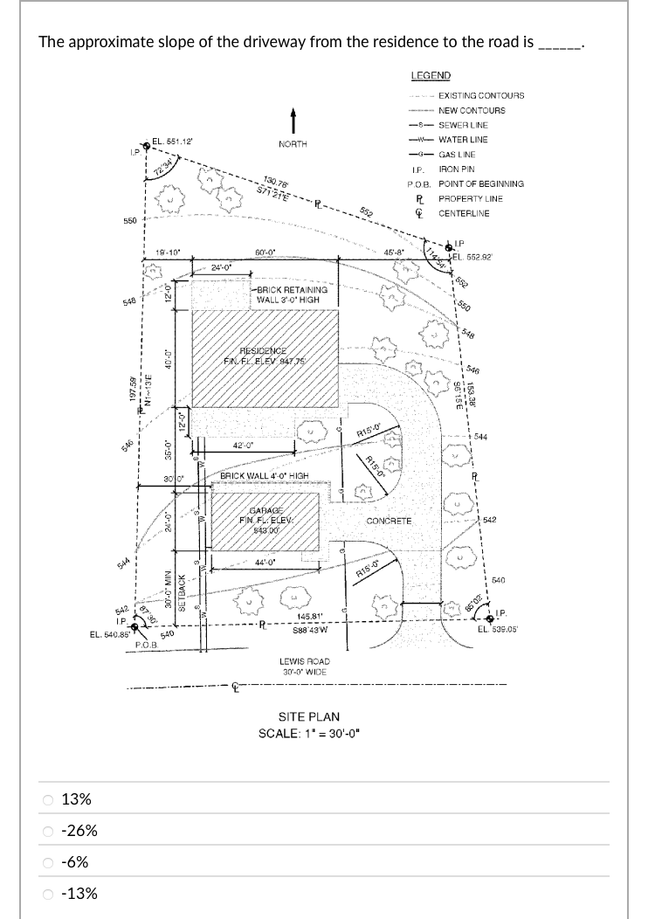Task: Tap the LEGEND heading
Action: pos(431,76)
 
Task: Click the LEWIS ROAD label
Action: pos(304,662)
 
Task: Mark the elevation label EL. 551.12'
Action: pos(172,142)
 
